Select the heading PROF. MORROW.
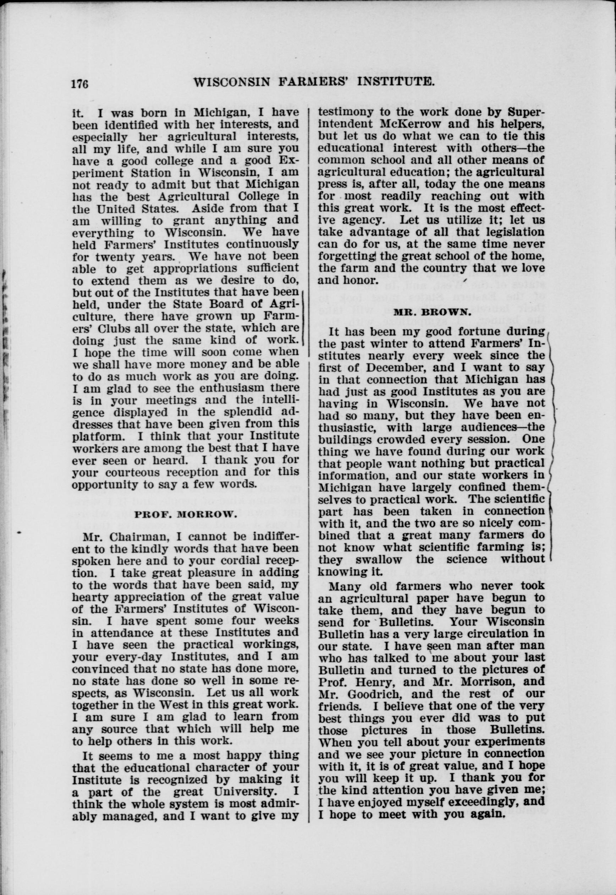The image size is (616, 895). click(185, 514)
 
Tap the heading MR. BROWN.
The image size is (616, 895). click(432, 312)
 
